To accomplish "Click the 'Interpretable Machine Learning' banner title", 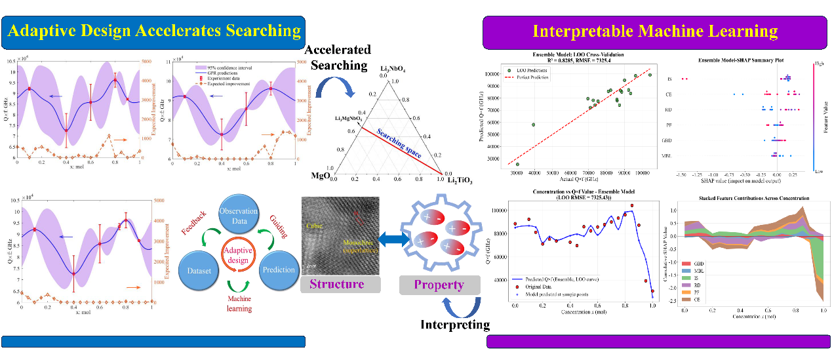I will [655, 31].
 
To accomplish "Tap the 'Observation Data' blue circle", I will [239, 216].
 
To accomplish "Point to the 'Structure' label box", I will [340, 284].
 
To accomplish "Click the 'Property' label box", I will [438, 285].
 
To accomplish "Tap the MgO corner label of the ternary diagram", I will [321, 176].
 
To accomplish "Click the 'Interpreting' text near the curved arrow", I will [455, 324].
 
